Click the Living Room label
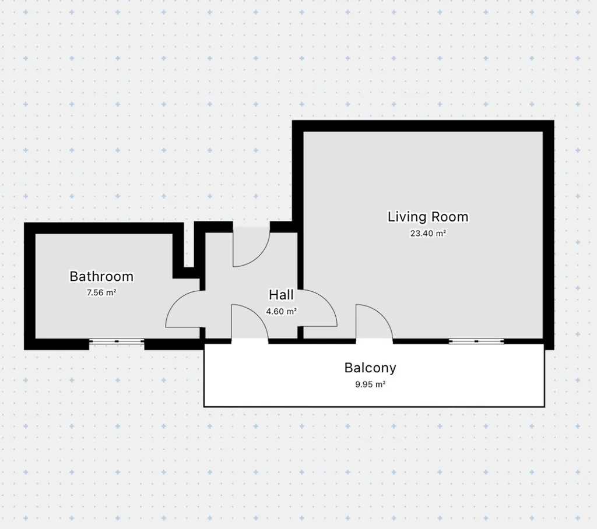(428, 217)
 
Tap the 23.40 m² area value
(428, 233)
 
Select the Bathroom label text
(101, 276)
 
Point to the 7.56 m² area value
(101, 292)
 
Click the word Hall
(281, 295)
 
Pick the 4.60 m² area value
(281, 311)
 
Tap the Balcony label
(370, 368)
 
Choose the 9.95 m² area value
(370, 385)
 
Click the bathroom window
(117, 341)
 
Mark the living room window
(476, 341)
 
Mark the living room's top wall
(423, 126)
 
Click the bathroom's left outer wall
(30, 286)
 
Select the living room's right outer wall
(549, 235)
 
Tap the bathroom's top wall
(104, 228)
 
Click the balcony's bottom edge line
(374, 407)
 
